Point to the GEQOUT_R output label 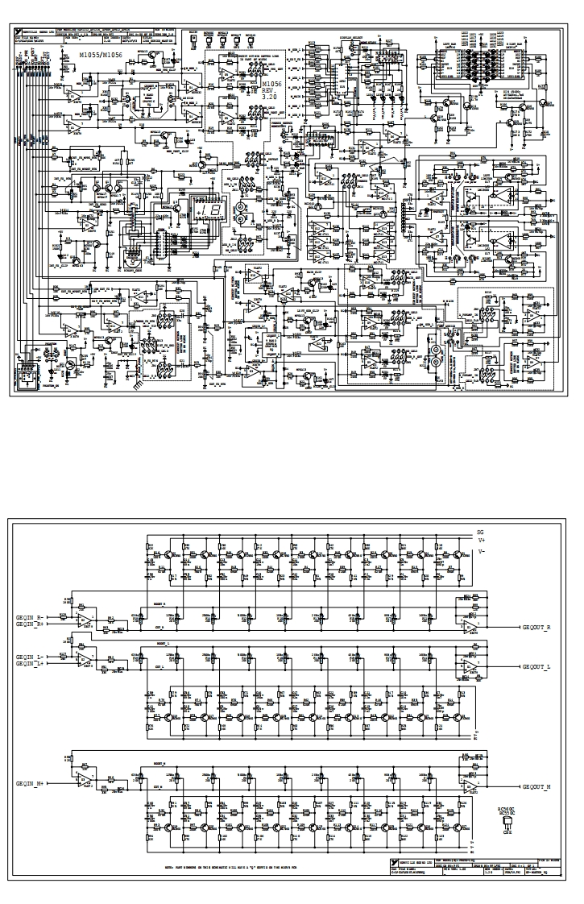click(536, 628)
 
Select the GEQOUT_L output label click(536, 667)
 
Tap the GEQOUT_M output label click(536, 786)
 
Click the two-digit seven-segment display click(212, 211)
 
